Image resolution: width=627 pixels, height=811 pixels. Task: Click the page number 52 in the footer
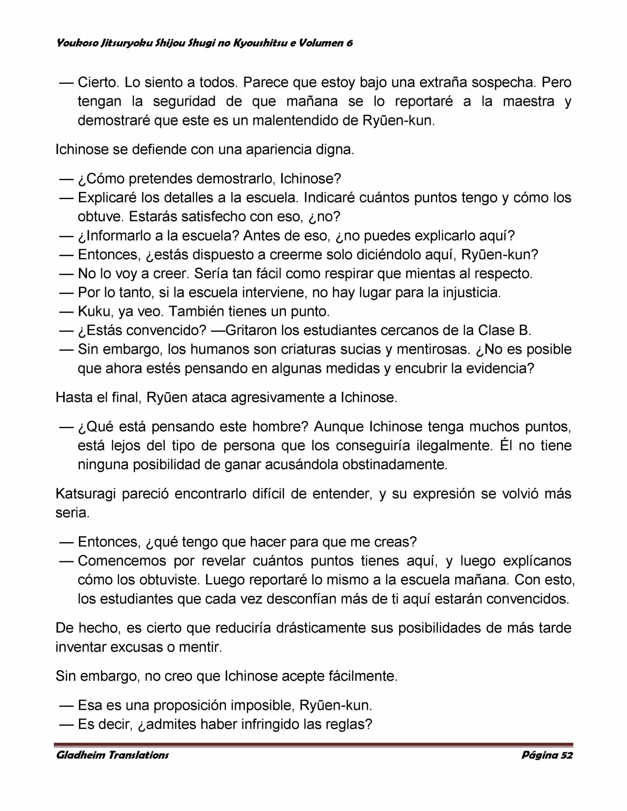tap(567, 755)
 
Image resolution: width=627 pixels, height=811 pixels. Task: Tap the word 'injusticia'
tap(471, 292)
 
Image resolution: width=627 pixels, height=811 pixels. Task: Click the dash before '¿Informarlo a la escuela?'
tap(66, 236)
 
